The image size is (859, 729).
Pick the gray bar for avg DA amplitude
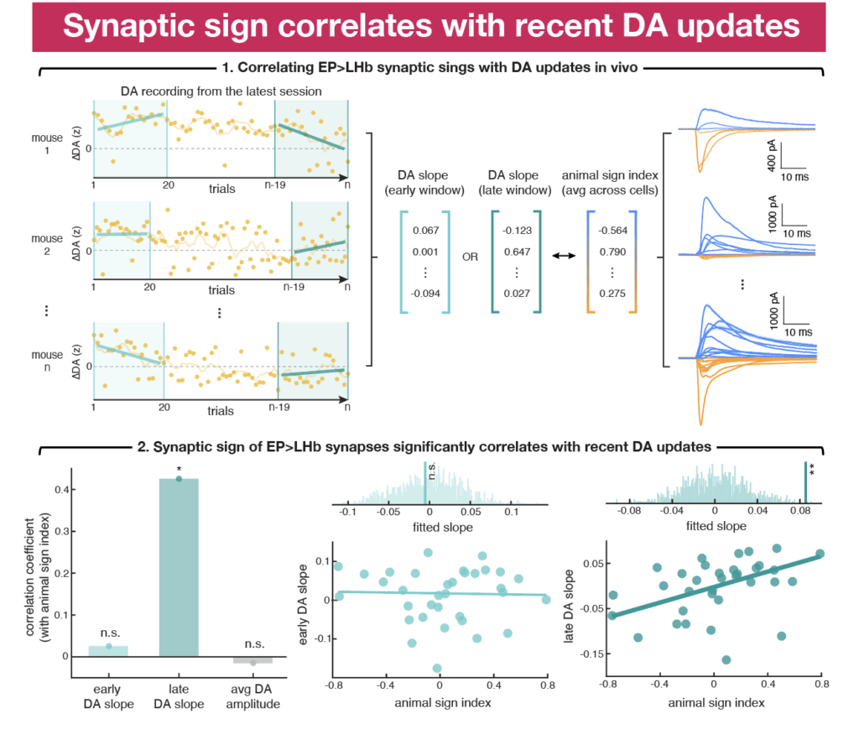click(x=252, y=659)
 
